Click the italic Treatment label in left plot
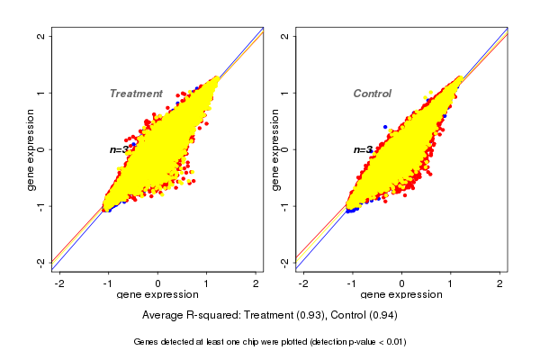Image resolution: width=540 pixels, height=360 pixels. click(136, 94)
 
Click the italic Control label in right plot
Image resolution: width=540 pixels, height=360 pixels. click(372, 94)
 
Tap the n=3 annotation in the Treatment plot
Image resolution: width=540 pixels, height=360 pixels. click(120, 150)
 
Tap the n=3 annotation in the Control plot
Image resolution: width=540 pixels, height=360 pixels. click(363, 150)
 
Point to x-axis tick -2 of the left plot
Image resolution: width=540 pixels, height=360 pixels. click(60, 283)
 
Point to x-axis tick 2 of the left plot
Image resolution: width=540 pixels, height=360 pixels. click(256, 283)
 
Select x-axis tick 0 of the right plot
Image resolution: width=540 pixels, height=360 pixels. click(401, 283)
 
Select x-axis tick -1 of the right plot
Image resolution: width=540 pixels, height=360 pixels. click(352, 283)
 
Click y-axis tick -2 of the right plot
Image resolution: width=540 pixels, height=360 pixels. click(285, 262)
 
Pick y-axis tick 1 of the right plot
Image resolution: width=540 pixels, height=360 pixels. click(285, 93)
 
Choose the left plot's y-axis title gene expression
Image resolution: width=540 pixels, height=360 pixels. click(31, 149)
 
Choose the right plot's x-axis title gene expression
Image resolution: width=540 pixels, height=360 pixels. click(401, 295)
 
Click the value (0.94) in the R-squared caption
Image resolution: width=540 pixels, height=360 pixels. click(381, 316)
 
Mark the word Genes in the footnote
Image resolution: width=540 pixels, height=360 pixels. click(147, 342)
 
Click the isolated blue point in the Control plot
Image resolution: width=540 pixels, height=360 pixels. click(385, 127)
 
